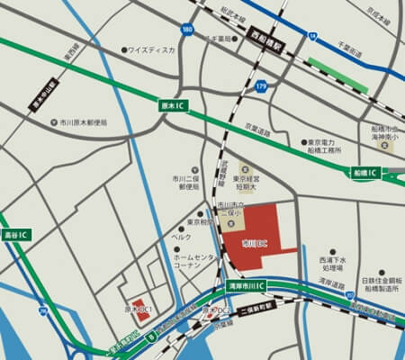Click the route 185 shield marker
(186, 30)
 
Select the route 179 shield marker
(260, 85)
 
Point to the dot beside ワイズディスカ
(124, 49)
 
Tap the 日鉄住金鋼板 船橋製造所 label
(382, 285)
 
